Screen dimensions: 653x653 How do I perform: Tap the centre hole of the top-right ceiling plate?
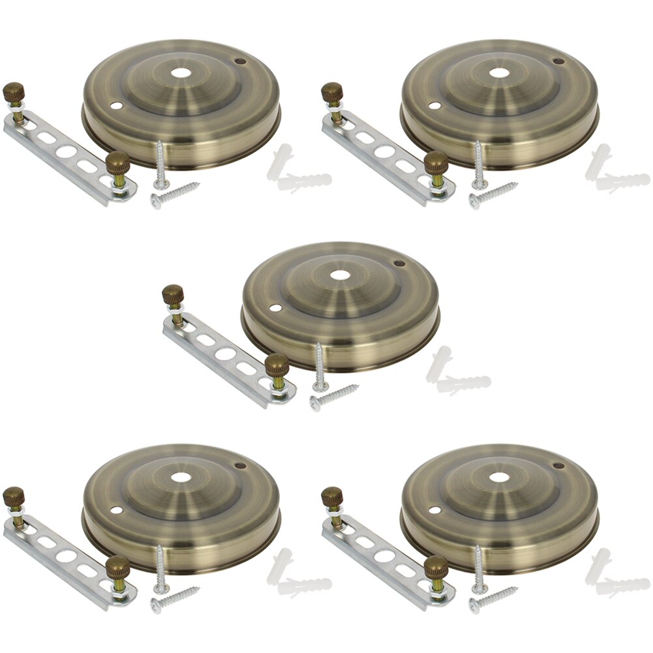499,73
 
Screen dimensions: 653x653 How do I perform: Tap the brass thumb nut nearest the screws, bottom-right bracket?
436,569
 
